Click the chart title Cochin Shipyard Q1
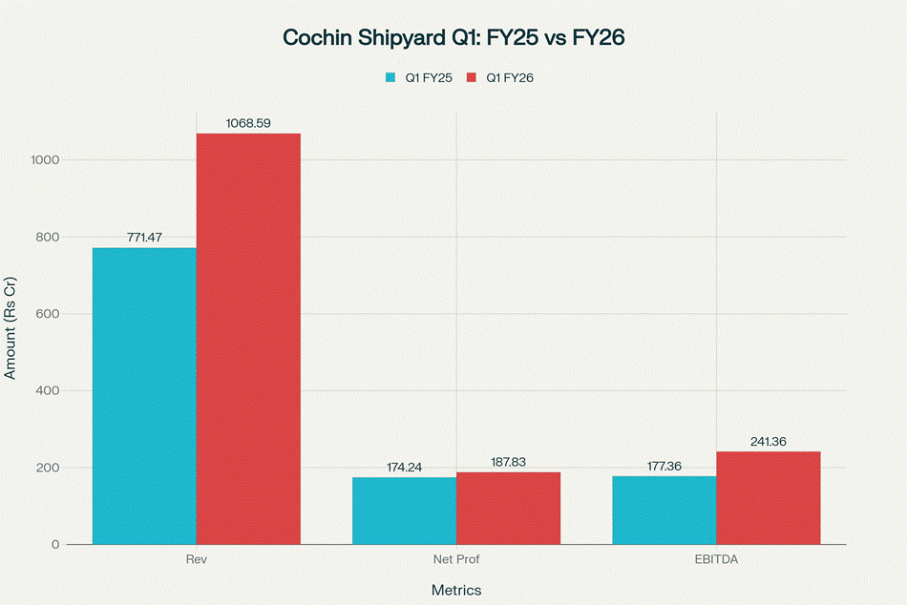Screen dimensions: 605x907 click(453, 38)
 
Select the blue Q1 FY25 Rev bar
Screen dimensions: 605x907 click(144, 396)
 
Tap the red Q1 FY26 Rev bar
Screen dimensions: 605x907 click(248, 339)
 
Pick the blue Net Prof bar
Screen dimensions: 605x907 click(404, 511)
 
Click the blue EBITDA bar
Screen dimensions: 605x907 click(664, 510)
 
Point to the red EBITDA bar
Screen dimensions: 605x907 click(768, 497)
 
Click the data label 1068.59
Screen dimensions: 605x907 click(248, 123)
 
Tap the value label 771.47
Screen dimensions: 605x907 click(144, 238)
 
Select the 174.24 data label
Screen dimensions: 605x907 click(404, 468)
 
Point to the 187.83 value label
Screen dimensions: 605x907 click(508, 462)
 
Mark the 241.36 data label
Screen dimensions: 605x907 click(768, 442)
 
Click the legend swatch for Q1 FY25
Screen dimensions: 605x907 click(390, 78)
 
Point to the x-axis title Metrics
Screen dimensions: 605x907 click(456, 590)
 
